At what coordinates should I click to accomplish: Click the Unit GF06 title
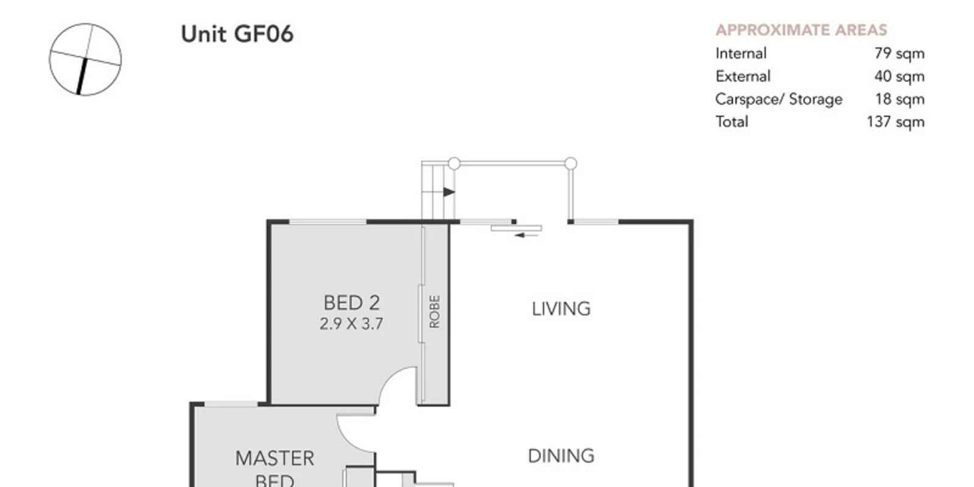(237, 34)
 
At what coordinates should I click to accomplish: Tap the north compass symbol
(85, 60)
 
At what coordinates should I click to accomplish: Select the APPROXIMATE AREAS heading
(801, 30)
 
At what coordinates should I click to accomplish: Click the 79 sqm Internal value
(899, 54)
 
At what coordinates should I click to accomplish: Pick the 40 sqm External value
(899, 77)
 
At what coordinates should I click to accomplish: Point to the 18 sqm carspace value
(900, 99)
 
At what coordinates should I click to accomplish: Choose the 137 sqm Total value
(895, 122)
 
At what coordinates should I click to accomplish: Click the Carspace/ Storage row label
(779, 100)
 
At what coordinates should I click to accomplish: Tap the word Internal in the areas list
(741, 54)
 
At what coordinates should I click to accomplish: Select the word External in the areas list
(743, 77)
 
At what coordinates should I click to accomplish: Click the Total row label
(732, 122)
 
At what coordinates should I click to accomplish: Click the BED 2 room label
(352, 303)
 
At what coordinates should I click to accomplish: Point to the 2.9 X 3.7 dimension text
(351, 324)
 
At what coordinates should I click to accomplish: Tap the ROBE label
(435, 311)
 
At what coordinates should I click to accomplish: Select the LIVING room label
(561, 309)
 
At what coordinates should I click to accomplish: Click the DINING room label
(561, 456)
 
